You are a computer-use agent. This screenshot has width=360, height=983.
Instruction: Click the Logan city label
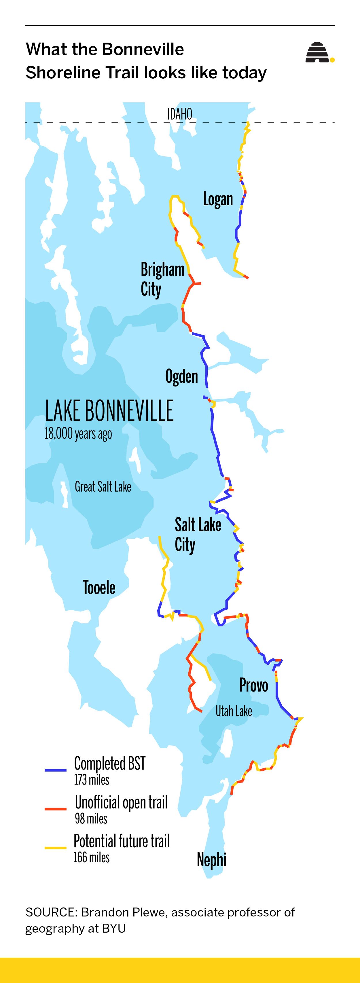click(x=218, y=199)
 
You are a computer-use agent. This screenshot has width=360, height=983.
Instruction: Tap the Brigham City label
click(x=162, y=279)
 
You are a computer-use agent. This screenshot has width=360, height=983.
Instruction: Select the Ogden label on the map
click(x=181, y=377)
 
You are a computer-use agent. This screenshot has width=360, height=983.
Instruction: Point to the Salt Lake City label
click(x=197, y=534)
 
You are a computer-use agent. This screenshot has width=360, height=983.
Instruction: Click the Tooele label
click(x=99, y=587)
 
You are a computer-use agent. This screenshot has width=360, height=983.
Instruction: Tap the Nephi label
click(x=211, y=860)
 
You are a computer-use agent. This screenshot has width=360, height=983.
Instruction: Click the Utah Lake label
click(x=234, y=711)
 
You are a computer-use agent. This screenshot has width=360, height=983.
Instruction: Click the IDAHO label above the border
click(x=179, y=114)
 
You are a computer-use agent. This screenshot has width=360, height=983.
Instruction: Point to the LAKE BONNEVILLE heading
click(x=109, y=411)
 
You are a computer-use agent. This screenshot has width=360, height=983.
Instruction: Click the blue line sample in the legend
click(x=55, y=770)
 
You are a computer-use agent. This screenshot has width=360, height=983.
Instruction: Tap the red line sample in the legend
click(x=55, y=809)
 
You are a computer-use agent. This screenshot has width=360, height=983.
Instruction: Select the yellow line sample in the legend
click(x=55, y=848)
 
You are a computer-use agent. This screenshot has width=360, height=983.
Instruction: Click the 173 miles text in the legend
click(x=92, y=780)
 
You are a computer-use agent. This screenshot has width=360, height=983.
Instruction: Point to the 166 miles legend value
click(x=92, y=857)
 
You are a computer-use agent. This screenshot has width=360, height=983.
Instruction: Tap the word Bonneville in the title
click(x=143, y=49)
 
